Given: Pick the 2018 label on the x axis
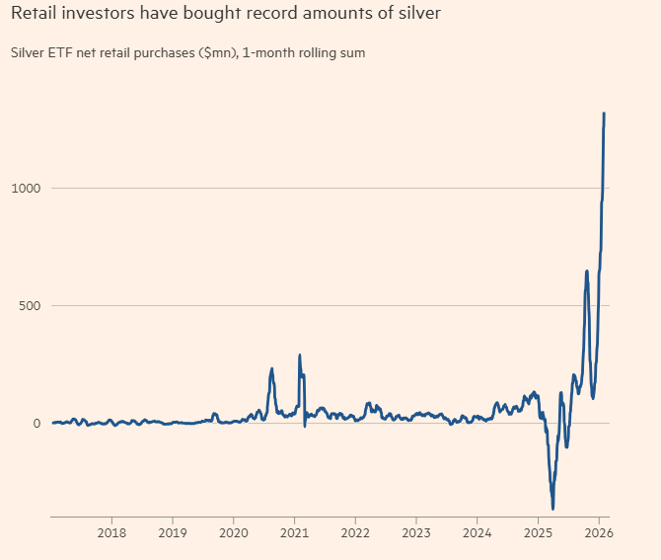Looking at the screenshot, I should pyautogui.click(x=111, y=534).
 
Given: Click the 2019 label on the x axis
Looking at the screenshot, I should pyautogui.click(x=173, y=534).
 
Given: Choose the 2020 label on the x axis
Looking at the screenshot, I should pyautogui.click(x=234, y=534).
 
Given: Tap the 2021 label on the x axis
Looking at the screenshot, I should pyautogui.click(x=295, y=534).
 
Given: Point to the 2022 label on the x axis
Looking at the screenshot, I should pyautogui.click(x=355, y=534).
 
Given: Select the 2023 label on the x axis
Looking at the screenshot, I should pyautogui.click(x=416, y=534).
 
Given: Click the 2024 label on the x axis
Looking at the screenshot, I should pyautogui.click(x=477, y=534).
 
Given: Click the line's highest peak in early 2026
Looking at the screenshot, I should pyautogui.click(x=604, y=114).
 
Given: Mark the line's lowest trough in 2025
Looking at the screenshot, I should pyautogui.click(x=552, y=509).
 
